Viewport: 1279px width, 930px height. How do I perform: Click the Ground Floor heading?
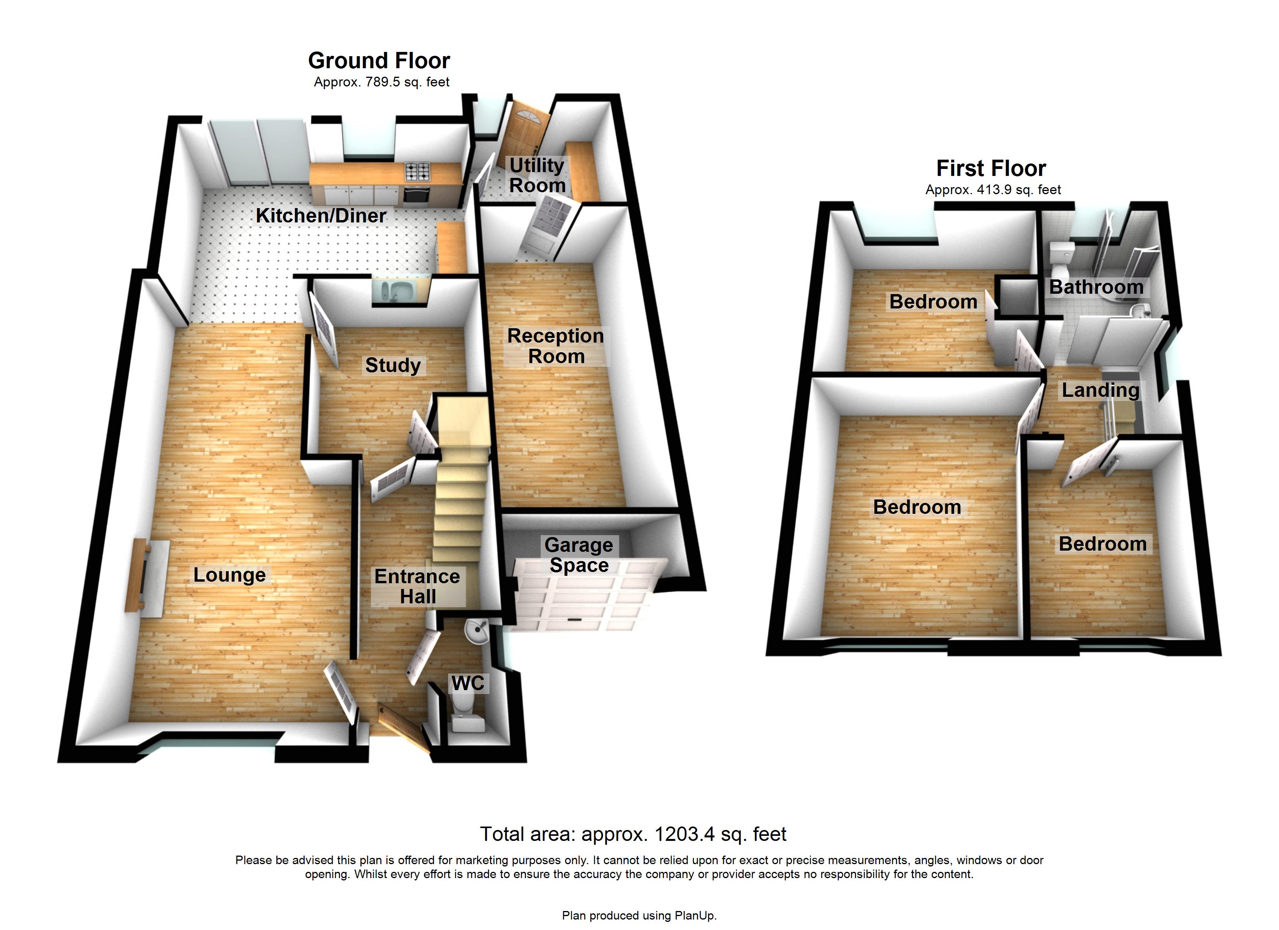[379, 60]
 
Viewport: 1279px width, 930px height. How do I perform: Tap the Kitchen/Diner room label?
[321, 215]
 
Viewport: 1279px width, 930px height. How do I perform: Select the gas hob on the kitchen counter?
[417, 171]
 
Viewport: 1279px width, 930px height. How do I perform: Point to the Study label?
[393, 365]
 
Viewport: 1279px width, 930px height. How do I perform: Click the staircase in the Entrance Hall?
[460, 496]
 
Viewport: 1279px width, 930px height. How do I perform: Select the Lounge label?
[229, 575]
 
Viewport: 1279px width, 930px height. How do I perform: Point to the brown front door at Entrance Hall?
[402, 728]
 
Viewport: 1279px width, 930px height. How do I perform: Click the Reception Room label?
[555, 346]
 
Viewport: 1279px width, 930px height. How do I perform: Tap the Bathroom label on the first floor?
[1096, 287]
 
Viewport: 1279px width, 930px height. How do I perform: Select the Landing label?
[1100, 390]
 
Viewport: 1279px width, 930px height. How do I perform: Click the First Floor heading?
[991, 168]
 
